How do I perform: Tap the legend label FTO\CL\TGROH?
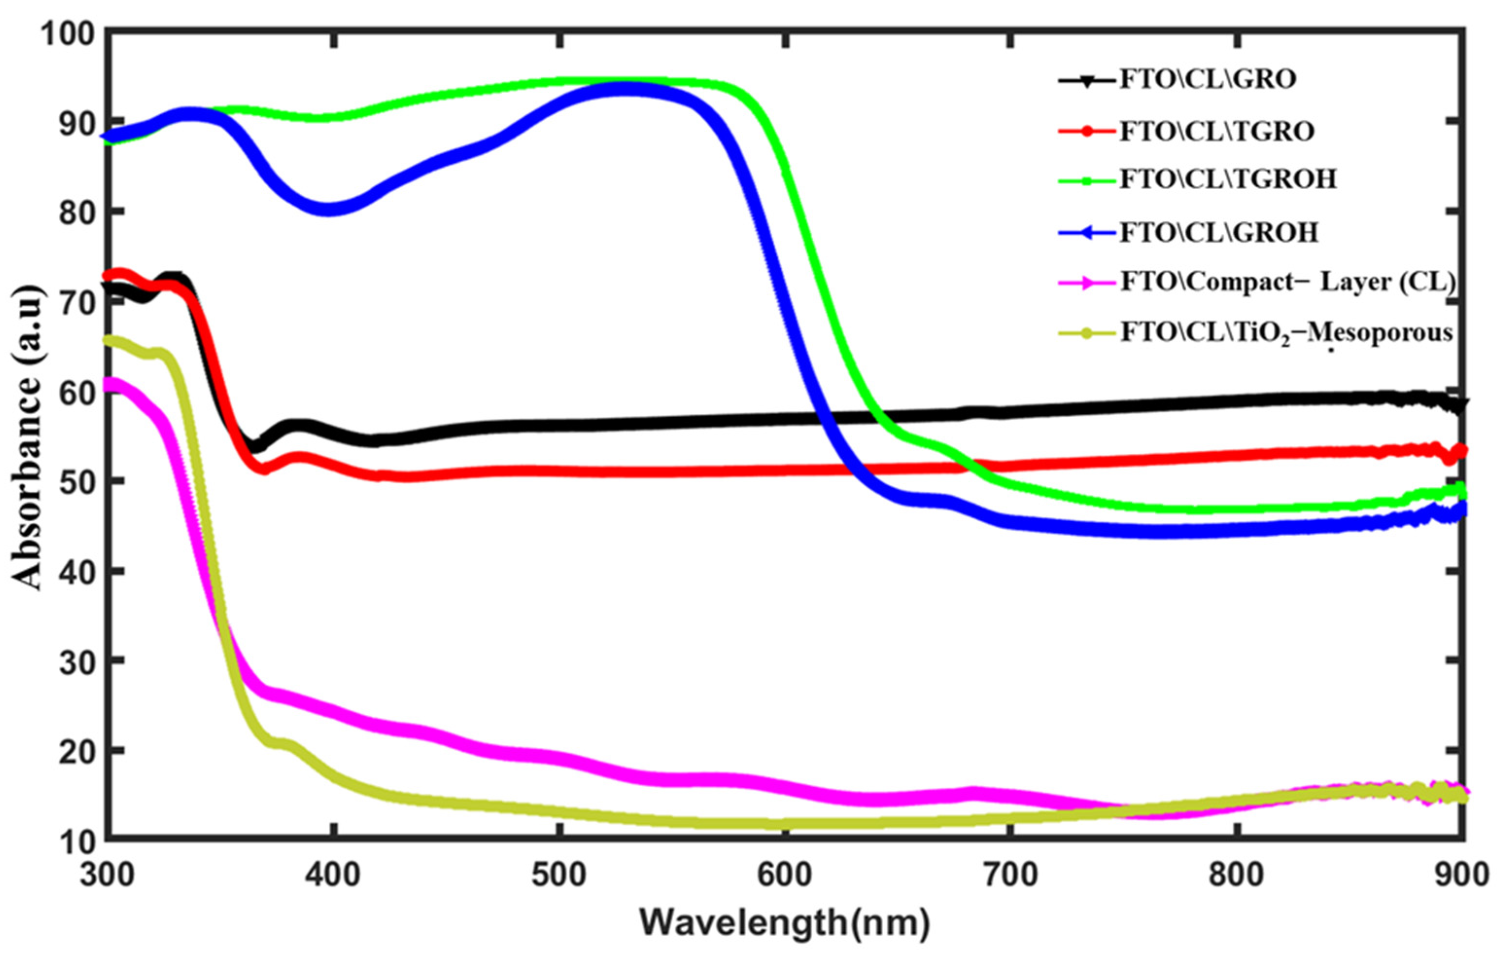click(x=1228, y=179)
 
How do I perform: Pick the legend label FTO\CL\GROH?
click(x=1219, y=232)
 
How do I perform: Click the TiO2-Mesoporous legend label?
click(x=1287, y=334)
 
